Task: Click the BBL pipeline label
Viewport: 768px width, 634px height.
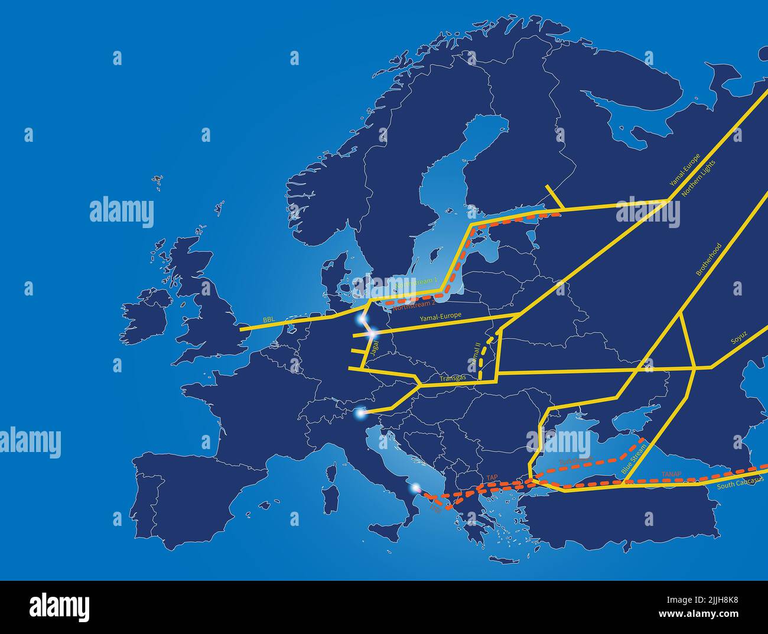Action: point(269,320)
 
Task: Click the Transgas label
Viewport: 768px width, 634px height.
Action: point(453,377)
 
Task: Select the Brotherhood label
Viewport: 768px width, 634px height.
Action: point(708,259)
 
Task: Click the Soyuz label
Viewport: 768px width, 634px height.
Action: point(739,337)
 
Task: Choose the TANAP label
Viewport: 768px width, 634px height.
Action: point(671,474)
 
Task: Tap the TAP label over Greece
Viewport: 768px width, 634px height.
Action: point(492,477)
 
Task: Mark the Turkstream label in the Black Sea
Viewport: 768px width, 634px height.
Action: point(575,460)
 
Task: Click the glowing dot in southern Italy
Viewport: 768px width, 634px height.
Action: point(416,488)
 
